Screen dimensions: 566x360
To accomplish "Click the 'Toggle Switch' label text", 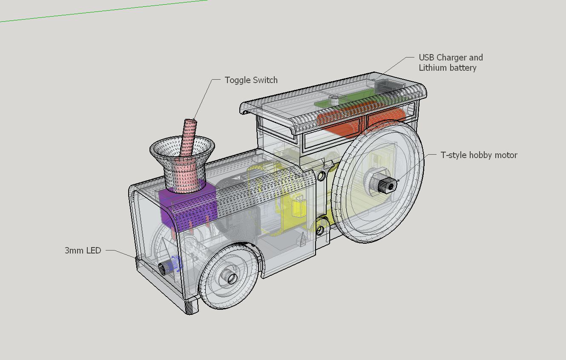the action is (251, 80).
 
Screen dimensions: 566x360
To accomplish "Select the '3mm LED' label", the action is (83, 250).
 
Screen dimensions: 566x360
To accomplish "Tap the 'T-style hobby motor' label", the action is (479, 155).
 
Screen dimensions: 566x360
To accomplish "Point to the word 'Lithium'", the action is (433, 68).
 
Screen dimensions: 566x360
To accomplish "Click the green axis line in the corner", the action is (103, 11).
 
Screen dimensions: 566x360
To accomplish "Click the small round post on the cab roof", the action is (334, 100).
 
